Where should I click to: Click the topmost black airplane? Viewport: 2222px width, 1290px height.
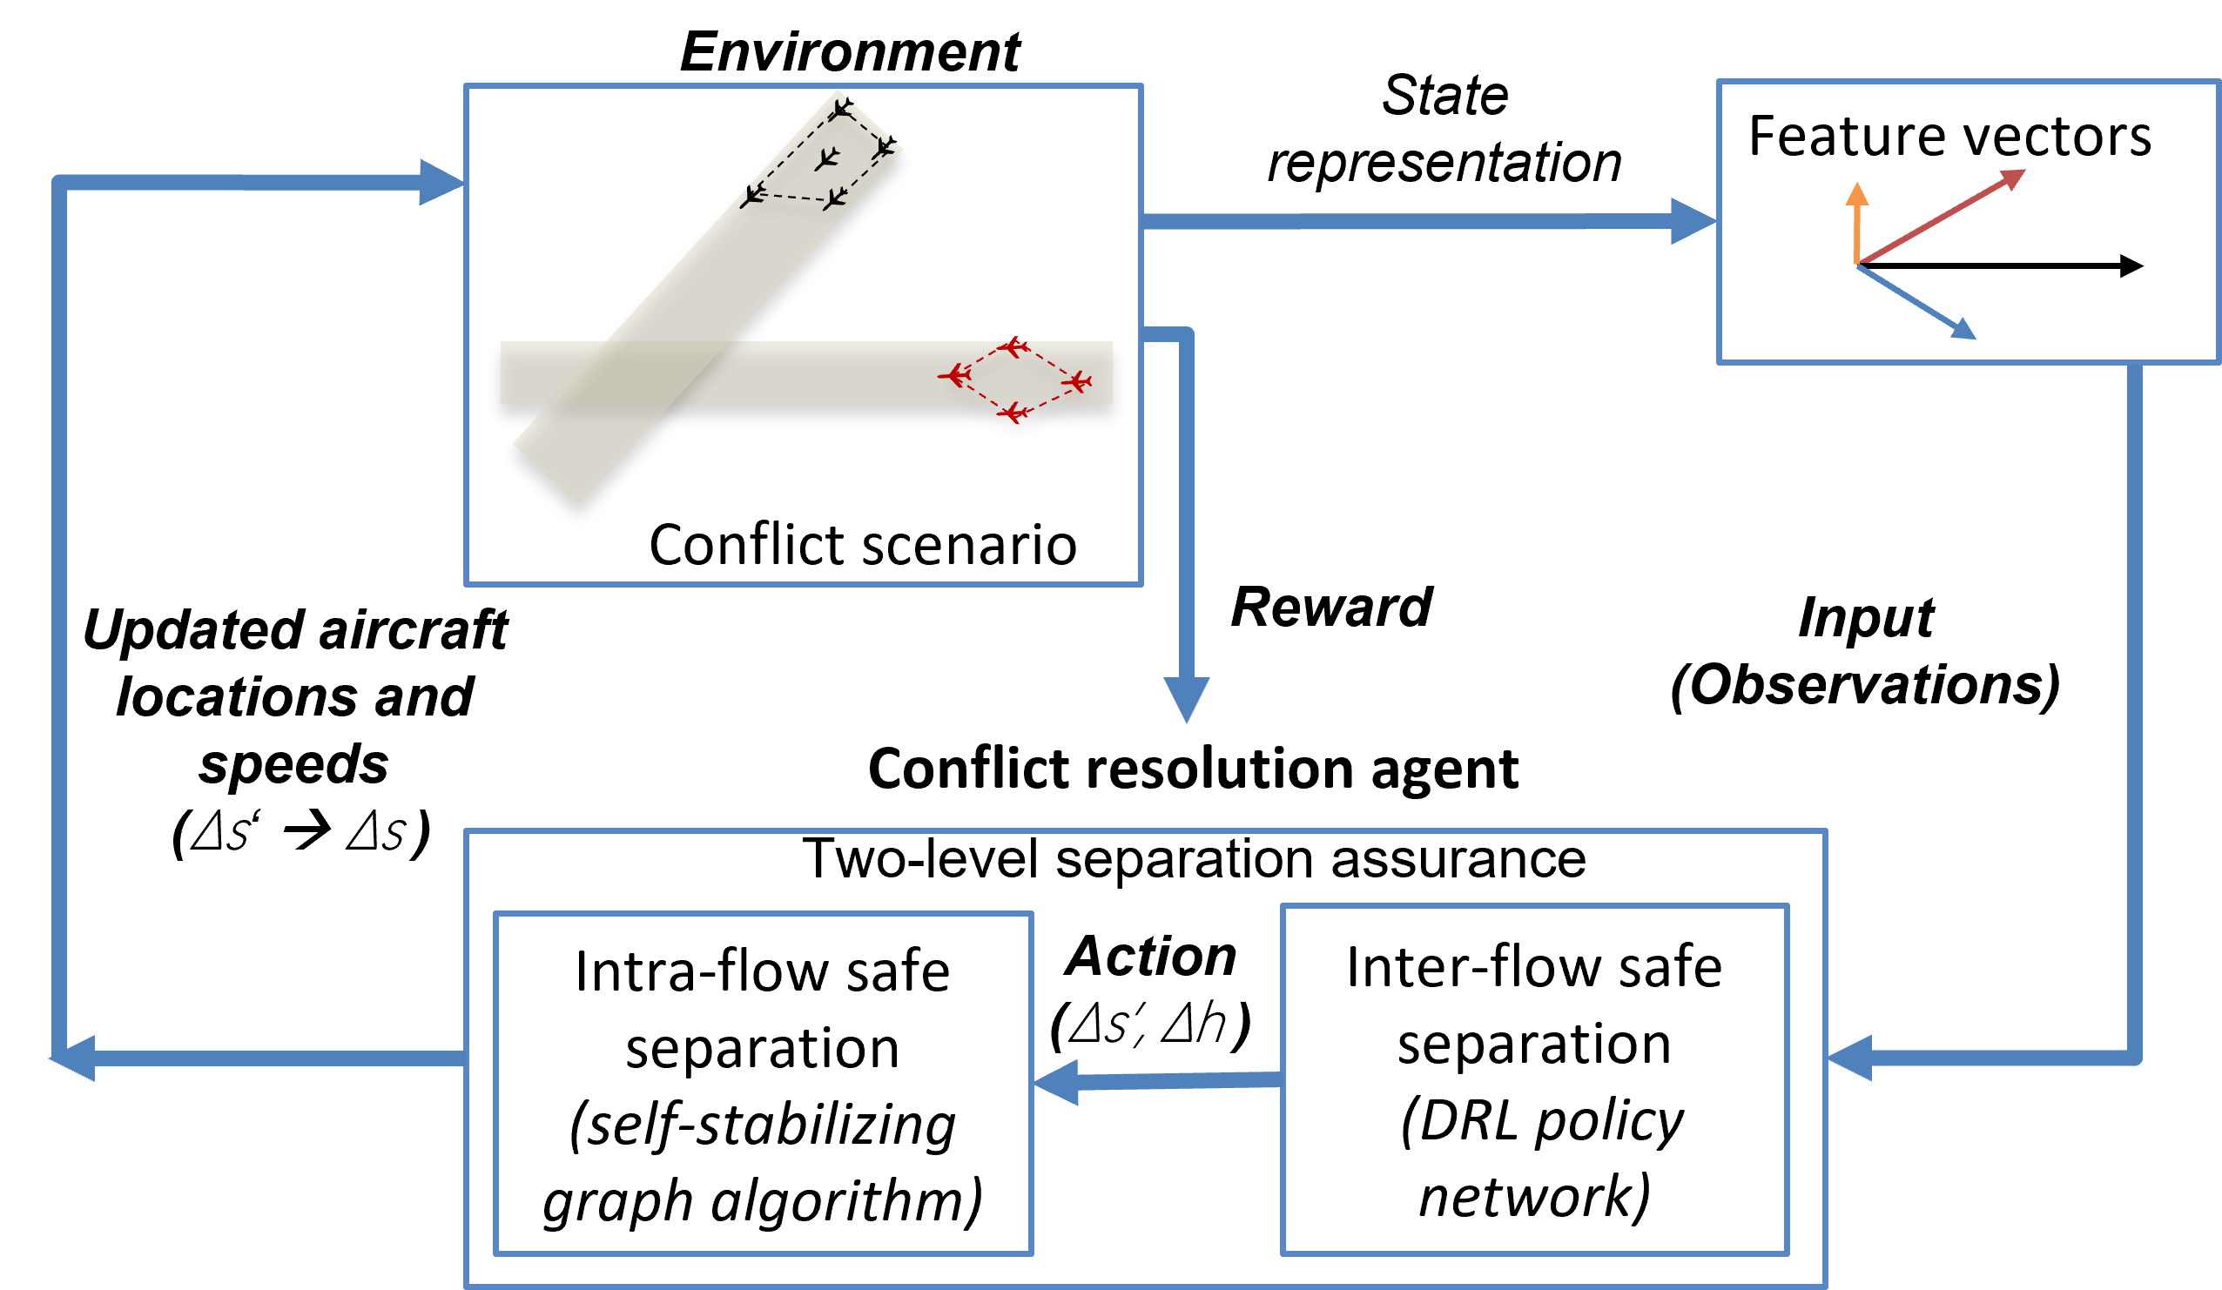pos(842,110)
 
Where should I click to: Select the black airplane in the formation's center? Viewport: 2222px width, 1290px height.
pos(826,158)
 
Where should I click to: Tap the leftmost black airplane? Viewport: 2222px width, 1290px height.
pos(752,195)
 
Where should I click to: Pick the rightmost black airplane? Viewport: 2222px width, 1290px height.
pos(884,149)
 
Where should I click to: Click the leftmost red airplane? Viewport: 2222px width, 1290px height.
pos(955,376)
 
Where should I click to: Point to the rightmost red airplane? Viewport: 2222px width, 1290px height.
pos(1077,382)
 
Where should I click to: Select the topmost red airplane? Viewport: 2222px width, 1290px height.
pos(1014,347)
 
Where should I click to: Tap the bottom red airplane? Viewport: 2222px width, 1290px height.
pos(1014,412)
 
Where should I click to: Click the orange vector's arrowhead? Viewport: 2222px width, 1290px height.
pos(1857,194)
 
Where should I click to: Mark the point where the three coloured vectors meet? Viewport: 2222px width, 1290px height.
pos(1858,263)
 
